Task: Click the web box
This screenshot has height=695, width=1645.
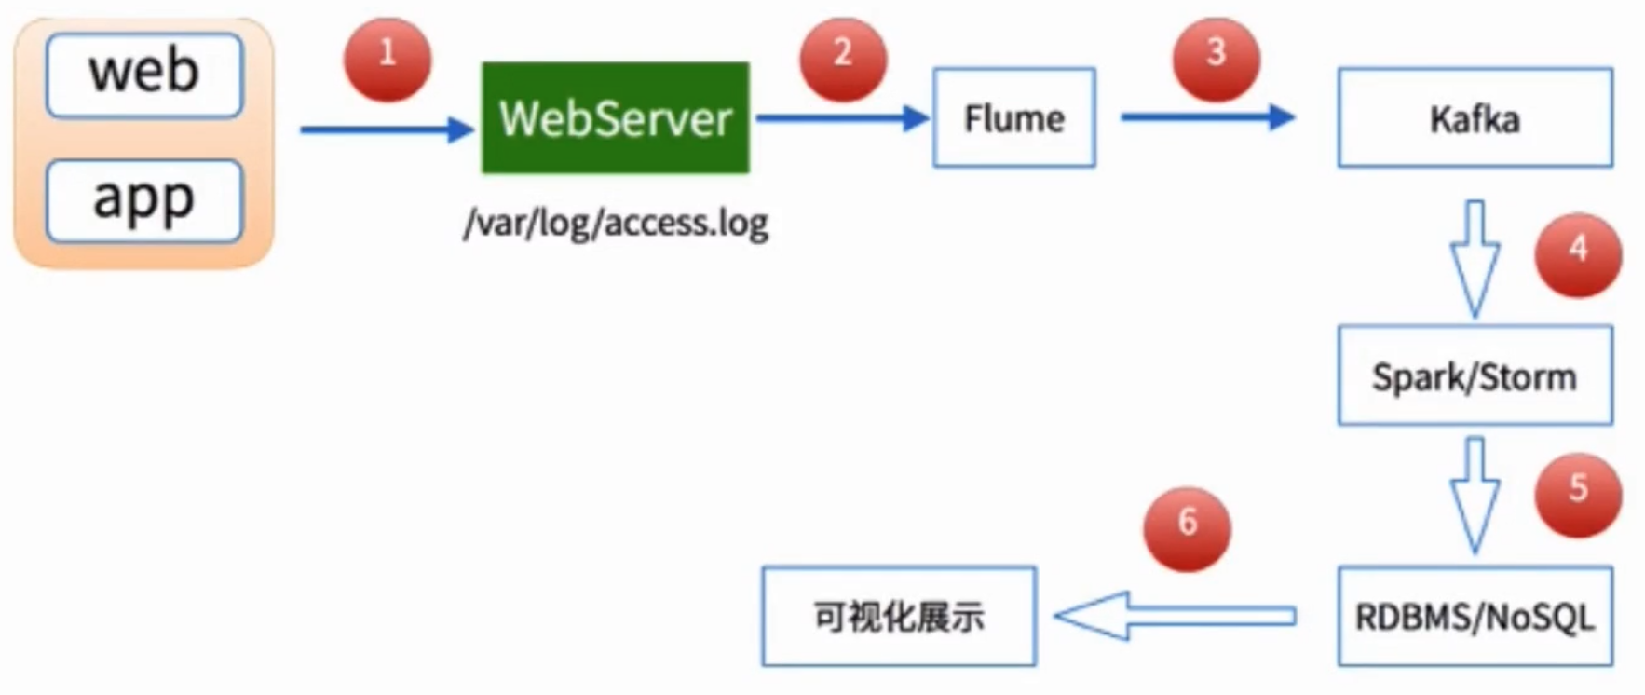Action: tap(144, 75)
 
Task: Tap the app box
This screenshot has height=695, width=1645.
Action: tap(144, 200)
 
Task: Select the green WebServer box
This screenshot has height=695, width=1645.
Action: tap(615, 118)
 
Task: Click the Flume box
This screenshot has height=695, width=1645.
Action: tap(1014, 118)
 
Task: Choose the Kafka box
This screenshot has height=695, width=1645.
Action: tap(1475, 118)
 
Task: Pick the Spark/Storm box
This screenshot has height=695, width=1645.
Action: tap(1475, 375)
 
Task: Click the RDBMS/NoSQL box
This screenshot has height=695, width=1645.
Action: tap(1475, 617)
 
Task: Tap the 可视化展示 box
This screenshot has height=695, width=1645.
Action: tap(899, 617)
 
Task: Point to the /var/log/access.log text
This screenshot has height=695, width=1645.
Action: tap(616, 223)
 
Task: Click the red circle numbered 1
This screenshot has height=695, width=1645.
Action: tap(387, 58)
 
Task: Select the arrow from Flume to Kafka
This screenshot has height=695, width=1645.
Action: tap(1207, 117)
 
